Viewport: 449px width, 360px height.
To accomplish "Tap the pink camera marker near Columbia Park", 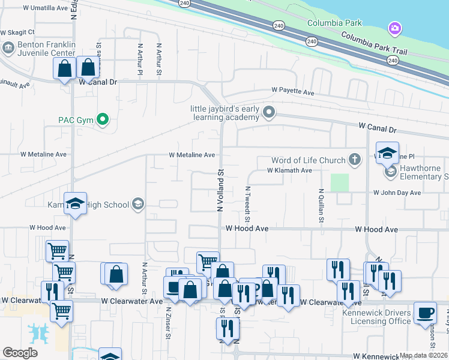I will coord(394,28).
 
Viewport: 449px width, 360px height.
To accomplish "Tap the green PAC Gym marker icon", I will coord(102,119).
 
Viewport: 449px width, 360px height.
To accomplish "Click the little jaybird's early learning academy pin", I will coord(270,111).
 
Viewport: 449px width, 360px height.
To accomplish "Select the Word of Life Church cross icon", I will coord(355,160).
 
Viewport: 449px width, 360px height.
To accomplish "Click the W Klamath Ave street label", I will coord(289,170).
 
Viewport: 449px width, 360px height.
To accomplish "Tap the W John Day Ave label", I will coord(397,193).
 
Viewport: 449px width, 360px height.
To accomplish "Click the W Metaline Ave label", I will coord(191,155).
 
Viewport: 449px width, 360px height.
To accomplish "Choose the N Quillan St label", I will coord(322,207).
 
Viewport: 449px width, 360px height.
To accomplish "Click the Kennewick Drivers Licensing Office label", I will coord(376,317).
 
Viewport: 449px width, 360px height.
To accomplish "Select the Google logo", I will coord(19,353).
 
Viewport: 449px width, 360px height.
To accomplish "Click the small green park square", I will coord(339,182).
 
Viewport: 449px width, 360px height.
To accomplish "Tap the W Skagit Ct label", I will coord(17,32).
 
